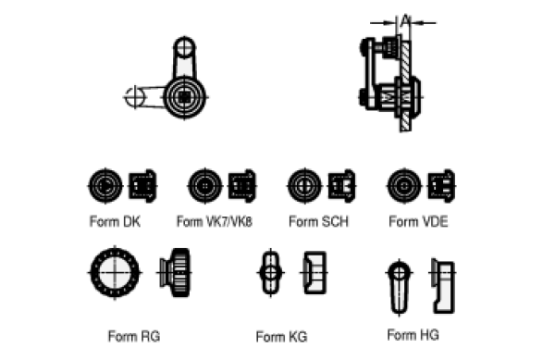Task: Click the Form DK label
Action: [115, 222]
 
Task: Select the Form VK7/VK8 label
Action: [215, 222]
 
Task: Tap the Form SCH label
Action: [318, 222]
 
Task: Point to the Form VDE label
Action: [418, 222]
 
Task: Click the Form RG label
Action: [134, 336]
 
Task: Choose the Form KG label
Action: [281, 337]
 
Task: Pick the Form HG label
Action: [413, 335]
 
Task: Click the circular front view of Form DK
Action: [105, 186]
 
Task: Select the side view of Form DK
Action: [142, 186]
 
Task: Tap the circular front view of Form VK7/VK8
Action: [205, 186]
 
